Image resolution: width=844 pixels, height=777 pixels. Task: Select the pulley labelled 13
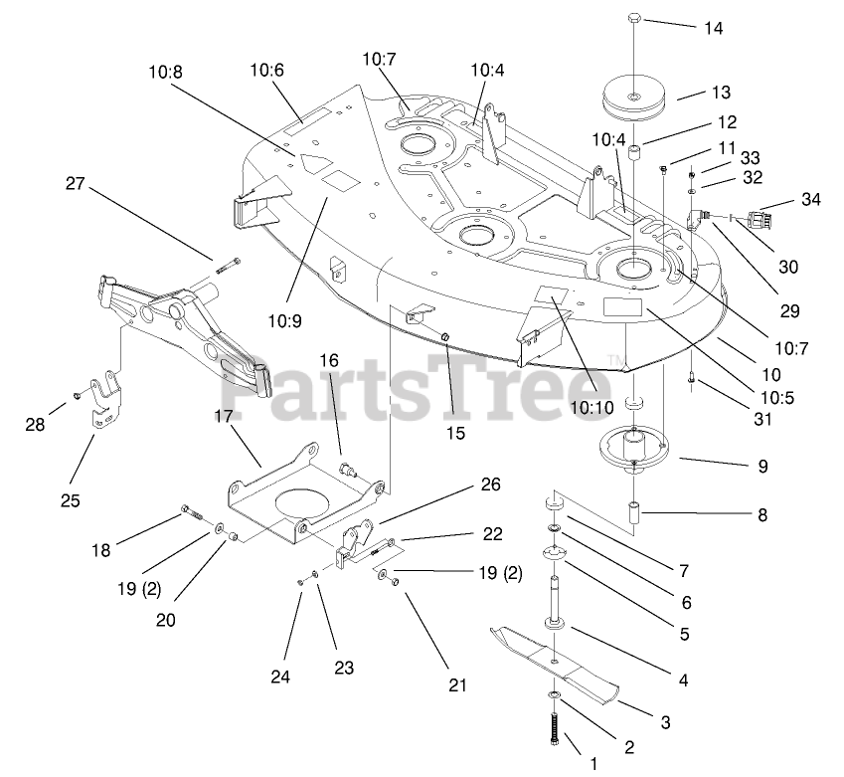click(635, 98)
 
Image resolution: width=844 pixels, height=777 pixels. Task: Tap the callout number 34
click(810, 201)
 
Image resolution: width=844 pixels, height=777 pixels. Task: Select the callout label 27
click(78, 183)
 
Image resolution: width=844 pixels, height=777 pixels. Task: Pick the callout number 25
click(71, 499)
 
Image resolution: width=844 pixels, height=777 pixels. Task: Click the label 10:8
click(166, 72)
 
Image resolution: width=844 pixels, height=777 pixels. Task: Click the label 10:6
click(266, 70)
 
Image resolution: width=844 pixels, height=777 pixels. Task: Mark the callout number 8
click(762, 515)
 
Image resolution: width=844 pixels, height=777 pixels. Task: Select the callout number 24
click(280, 677)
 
